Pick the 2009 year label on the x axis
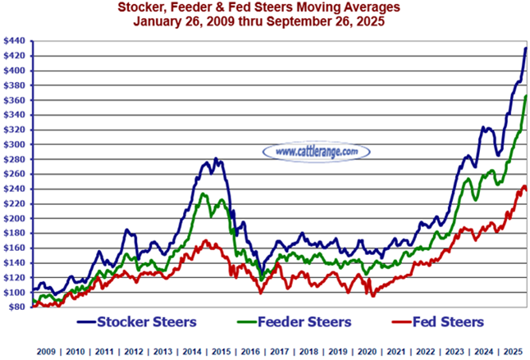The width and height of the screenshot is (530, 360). coord(47,350)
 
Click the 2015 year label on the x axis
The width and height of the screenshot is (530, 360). coord(221,350)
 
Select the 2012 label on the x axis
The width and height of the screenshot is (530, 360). coord(134,350)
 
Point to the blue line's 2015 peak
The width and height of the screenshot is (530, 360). coord(216,159)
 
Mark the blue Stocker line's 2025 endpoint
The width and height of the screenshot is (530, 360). coord(525,48)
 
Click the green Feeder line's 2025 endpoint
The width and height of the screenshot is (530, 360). coord(525,97)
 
